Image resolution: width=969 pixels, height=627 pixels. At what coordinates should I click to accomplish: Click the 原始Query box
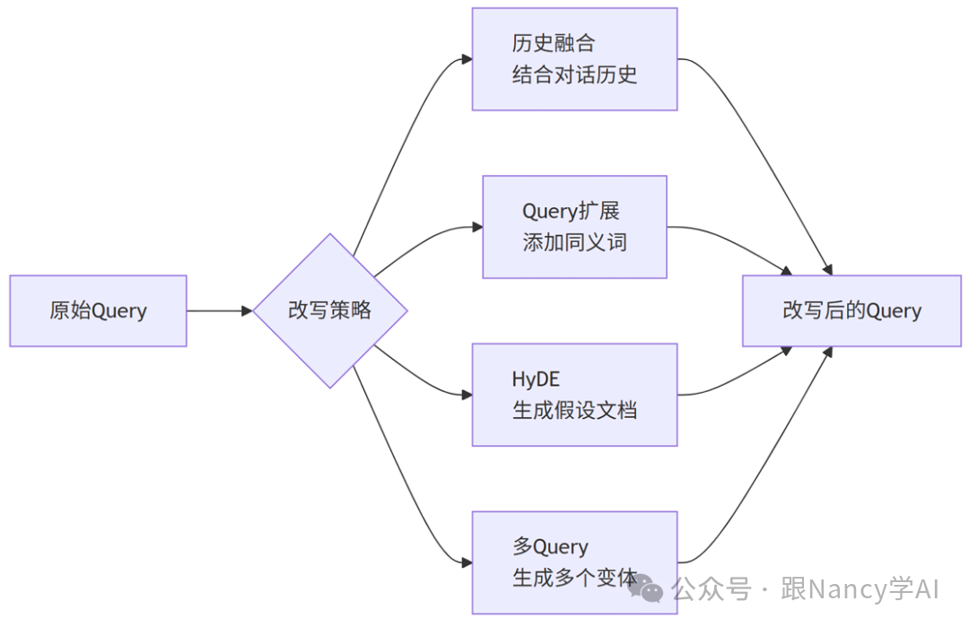[x=98, y=311]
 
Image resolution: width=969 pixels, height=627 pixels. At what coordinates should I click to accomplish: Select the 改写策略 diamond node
[x=330, y=311]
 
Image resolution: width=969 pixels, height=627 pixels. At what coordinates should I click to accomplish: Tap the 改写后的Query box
[x=851, y=311]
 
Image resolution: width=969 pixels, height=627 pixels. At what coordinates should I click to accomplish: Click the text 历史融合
[x=554, y=43]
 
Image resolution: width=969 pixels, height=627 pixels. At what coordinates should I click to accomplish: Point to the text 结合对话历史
[x=574, y=74]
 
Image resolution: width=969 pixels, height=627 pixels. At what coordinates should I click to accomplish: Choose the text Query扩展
[x=571, y=212]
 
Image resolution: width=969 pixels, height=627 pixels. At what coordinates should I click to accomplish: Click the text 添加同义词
[x=574, y=242]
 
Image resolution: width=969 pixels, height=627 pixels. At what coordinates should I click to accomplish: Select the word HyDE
[x=536, y=379]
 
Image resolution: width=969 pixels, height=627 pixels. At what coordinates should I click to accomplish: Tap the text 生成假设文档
[x=574, y=411]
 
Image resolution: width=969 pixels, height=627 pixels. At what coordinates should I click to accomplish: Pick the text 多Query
[x=550, y=546]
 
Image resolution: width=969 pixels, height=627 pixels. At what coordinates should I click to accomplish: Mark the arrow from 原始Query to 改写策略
[x=220, y=311]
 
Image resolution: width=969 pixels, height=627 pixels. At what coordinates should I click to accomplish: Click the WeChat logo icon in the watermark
[x=651, y=589]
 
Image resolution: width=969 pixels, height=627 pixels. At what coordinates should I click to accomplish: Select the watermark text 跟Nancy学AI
[x=860, y=589]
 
